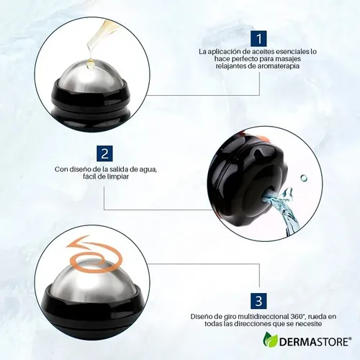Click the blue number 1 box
pyautogui.click(x=259, y=38)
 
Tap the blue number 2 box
pyautogui.click(x=104, y=153)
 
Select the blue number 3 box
pyautogui.click(x=258, y=300)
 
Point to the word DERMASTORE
pyautogui.click(x=314, y=342)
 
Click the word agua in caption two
pyautogui.click(x=149, y=170)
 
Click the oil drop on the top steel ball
pyautogui.click(x=91, y=65)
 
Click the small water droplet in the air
pyautogui.click(x=304, y=178)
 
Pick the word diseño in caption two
pyautogui.click(x=78, y=170)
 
